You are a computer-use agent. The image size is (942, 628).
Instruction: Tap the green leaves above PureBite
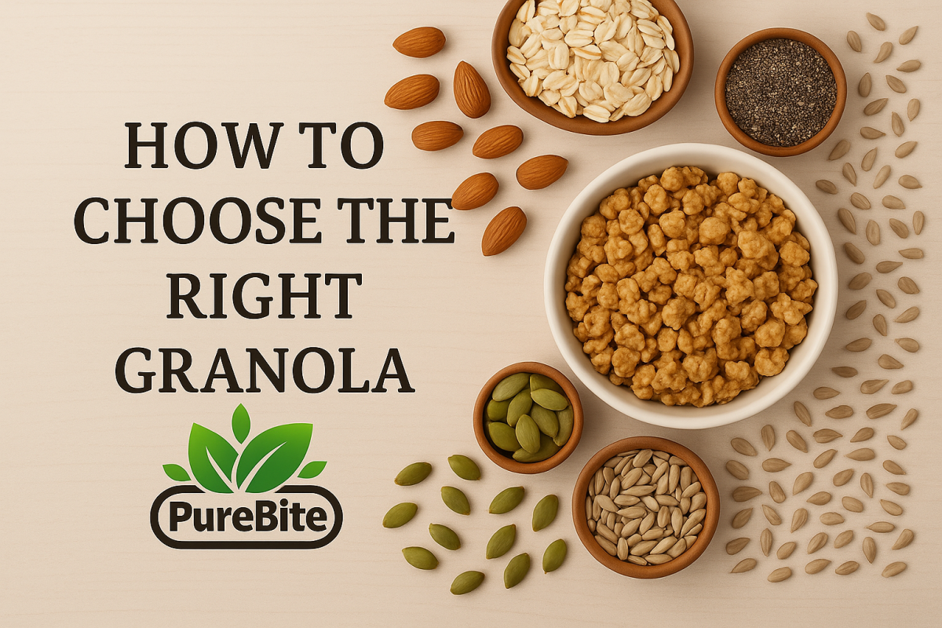[x=245, y=450]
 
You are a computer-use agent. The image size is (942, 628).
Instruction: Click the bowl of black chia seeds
[x=780, y=93]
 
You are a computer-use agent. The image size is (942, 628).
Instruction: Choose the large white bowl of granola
[x=691, y=287]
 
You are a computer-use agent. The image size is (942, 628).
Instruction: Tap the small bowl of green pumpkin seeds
[x=528, y=418]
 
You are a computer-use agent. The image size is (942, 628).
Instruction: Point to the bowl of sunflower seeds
[x=646, y=507]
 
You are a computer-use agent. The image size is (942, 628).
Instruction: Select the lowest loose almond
[x=504, y=231]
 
